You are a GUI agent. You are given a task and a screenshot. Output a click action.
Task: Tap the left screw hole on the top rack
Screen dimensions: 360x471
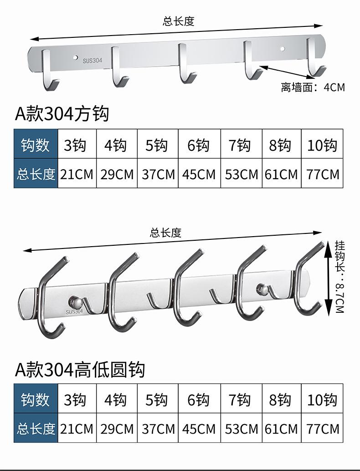click(76, 58)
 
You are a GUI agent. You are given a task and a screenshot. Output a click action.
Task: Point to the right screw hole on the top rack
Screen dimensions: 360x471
click(283, 48)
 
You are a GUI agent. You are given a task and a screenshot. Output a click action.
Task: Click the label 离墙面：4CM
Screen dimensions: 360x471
click(313, 87)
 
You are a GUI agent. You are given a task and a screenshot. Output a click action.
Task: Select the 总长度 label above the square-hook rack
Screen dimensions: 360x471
click(179, 21)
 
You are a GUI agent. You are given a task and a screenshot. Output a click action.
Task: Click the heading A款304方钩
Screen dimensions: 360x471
click(62, 113)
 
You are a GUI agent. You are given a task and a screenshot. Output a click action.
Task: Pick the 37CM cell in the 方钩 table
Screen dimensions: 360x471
click(158, 174)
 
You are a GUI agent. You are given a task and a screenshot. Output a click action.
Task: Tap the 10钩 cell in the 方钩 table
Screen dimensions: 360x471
click(322, 145)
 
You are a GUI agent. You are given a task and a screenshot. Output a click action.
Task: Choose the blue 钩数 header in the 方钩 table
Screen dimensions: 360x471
click(36, 145)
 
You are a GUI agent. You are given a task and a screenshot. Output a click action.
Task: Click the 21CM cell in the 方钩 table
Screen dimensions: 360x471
click(77, 174)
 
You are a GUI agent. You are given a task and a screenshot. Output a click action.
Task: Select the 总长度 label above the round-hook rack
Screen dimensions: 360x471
click(165, 233)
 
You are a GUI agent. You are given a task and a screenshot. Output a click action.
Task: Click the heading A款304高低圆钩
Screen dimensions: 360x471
click(80, 369)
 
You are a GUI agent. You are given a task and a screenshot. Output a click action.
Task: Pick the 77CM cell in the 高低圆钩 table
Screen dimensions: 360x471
click(323, 429)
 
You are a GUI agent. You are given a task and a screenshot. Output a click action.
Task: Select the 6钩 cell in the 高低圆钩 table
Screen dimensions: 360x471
click(199, 400)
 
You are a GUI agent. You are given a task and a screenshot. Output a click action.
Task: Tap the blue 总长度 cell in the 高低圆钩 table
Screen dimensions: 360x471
click(36, 429)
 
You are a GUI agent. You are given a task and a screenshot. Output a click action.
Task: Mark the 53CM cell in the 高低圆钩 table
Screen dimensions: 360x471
click(241, 429)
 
